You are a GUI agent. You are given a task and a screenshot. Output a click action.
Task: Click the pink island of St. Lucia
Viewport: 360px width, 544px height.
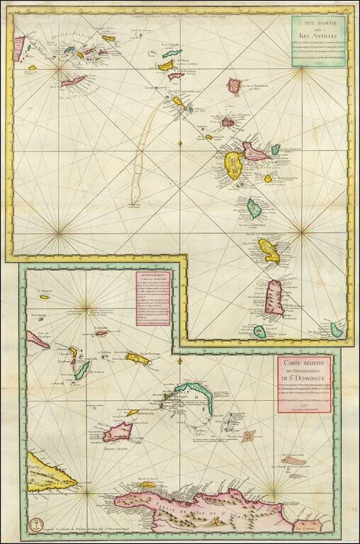coord(274,295)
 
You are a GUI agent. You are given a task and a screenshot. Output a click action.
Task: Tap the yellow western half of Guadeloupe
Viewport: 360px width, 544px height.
coord(234,165)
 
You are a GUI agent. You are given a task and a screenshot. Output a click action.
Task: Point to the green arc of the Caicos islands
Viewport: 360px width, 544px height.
coord(191,390)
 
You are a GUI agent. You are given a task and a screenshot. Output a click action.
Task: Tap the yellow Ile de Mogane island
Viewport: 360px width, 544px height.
coord(137,356)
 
